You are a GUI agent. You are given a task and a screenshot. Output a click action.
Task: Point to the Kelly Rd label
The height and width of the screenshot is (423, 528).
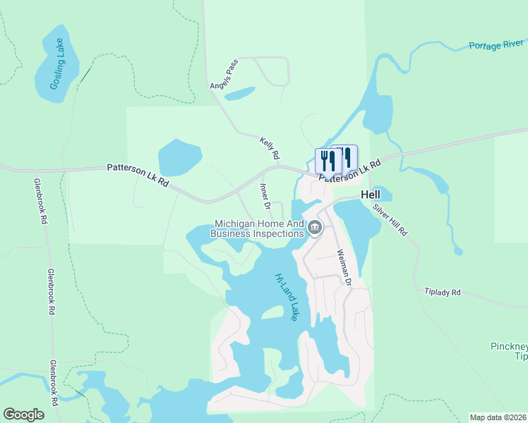click(270, 147)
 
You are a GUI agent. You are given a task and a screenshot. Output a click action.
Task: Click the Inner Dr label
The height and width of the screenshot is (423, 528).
click(265, 197)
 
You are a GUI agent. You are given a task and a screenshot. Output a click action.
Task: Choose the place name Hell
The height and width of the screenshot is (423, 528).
click(371, 195)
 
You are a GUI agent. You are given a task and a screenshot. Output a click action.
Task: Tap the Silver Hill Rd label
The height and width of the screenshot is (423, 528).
click(390, 220)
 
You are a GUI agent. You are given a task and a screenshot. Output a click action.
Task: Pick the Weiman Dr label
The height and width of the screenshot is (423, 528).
click(344, 266)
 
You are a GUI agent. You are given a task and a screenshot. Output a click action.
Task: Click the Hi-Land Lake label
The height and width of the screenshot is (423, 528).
click(286, 297)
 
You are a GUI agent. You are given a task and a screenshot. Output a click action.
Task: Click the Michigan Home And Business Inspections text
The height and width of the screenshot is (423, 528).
click(258, 228)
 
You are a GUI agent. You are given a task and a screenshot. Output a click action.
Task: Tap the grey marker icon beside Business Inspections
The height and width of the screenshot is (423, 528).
click(315, 227)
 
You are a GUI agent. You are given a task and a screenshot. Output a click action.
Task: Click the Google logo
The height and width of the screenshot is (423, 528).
click(23, 414)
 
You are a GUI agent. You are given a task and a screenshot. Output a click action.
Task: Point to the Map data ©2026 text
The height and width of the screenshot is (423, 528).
click(498, 417)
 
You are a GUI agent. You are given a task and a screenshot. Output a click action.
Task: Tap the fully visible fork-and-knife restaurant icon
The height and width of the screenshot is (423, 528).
click(328, 161)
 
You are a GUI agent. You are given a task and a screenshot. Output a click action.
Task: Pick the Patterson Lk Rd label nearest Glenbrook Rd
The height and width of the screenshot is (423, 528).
click(138, 175)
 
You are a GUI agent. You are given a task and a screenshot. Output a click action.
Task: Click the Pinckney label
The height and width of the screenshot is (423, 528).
click(510, 346)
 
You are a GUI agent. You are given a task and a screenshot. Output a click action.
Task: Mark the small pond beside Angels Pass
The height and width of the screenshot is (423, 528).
click(239, 93)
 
